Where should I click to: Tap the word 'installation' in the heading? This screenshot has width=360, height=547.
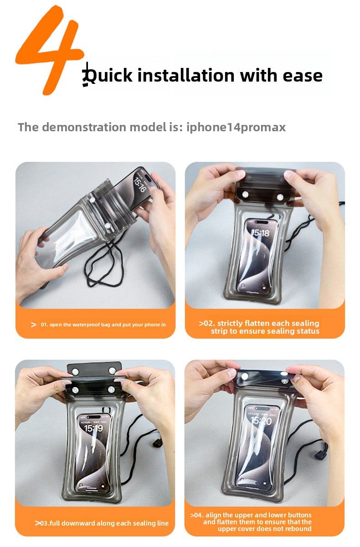[186, 75]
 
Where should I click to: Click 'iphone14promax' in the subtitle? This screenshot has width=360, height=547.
[236, 128]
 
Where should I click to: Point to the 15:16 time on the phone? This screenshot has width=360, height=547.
[139, 185]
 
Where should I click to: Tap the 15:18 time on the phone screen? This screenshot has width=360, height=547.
[260, 233]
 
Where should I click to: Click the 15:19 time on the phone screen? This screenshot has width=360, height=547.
[93, 428]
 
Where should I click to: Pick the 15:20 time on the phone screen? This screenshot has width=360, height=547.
[261, 421]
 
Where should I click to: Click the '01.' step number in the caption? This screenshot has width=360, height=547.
[44, 325]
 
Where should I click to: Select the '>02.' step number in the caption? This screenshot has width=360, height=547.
[207, 323]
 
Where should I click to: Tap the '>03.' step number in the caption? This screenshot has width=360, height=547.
[41, 523]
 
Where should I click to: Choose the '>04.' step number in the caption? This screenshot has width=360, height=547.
[197, 515]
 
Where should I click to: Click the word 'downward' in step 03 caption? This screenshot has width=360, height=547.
[72, 523]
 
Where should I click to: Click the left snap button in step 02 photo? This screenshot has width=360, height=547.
[245, 195]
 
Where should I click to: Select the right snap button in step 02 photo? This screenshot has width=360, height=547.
[280, 196]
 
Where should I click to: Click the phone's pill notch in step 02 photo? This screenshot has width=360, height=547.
[260, 222]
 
